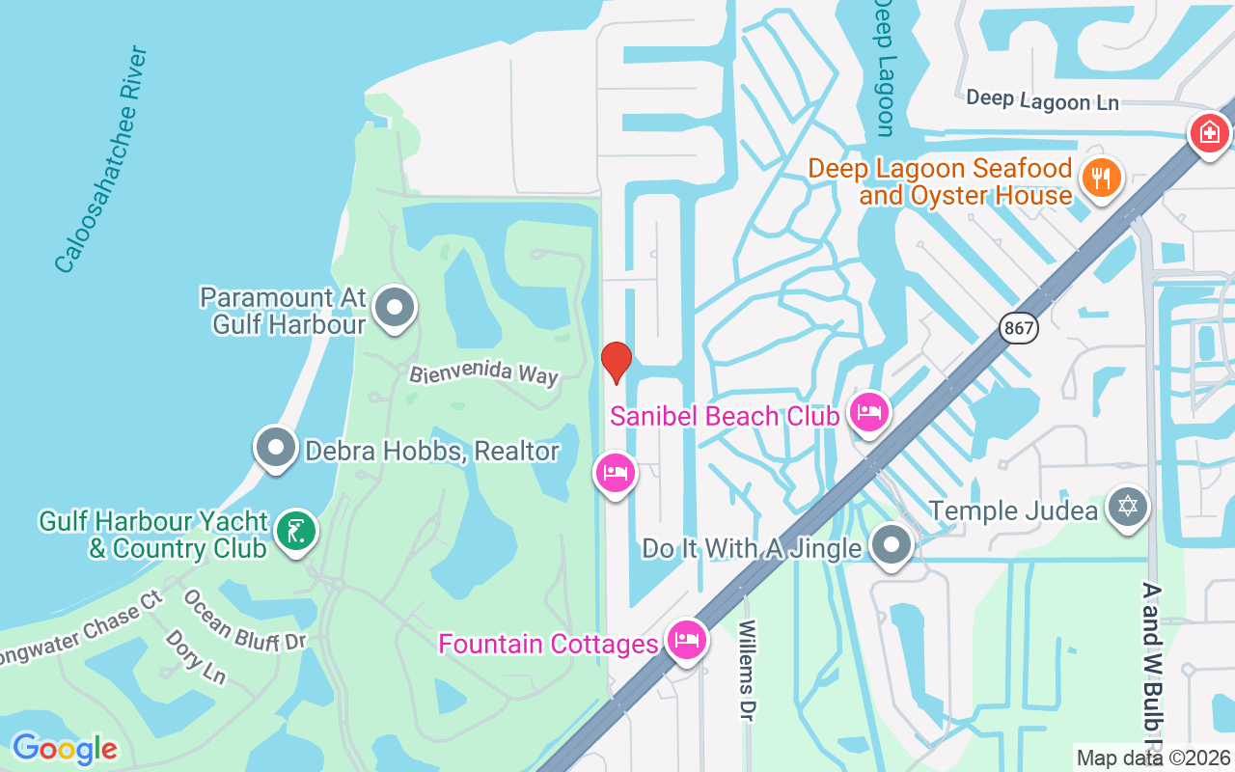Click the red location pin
coord(616,362)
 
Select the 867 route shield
coord(1019,328)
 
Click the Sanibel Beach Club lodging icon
coord(868,413)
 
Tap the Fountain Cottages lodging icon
coord(686,640)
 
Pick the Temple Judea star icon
coord(1126,507)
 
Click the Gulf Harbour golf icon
coord(295,531)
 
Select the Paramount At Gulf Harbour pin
coord(394,308)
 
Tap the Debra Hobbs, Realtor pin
coord(276,448)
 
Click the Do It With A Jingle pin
coord(892,545)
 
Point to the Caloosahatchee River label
coord(101,159)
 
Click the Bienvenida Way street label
coord(483,373)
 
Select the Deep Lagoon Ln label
coord(1042,99)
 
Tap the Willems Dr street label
coord(747,669)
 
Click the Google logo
coord(65,749)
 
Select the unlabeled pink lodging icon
coord(615,473)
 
